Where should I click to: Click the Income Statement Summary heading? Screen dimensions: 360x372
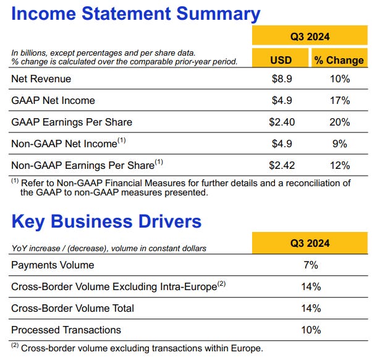(136, 14)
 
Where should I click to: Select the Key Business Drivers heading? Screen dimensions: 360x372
(106, 221)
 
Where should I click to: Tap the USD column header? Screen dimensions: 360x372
(281, 60)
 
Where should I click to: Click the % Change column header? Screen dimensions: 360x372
(339, 60)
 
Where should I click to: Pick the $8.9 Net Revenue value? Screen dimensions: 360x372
(281, 79)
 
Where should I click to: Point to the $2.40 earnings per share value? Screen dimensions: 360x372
(282, 122)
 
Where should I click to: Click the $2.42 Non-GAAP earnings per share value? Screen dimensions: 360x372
(282, 165)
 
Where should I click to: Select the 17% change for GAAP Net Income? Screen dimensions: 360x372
(340, 100)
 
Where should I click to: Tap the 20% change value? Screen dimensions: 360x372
(340, 122)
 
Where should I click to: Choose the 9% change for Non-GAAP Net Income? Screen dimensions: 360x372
(340, 144)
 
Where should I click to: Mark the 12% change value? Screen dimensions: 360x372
(340, 165)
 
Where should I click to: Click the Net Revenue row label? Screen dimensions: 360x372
(41, 79)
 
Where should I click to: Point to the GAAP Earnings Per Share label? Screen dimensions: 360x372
(72, 122)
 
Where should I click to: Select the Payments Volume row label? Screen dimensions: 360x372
(53, 265)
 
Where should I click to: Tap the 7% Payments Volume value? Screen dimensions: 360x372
(311, 265)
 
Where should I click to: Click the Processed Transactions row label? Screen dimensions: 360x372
(66, 330)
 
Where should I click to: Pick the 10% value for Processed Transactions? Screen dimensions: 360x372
(311, 330)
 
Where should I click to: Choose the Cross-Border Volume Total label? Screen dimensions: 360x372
(72, 308)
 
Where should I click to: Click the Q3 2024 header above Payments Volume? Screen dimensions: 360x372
(311, 243)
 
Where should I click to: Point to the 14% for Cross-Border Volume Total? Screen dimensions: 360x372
(311, 308)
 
